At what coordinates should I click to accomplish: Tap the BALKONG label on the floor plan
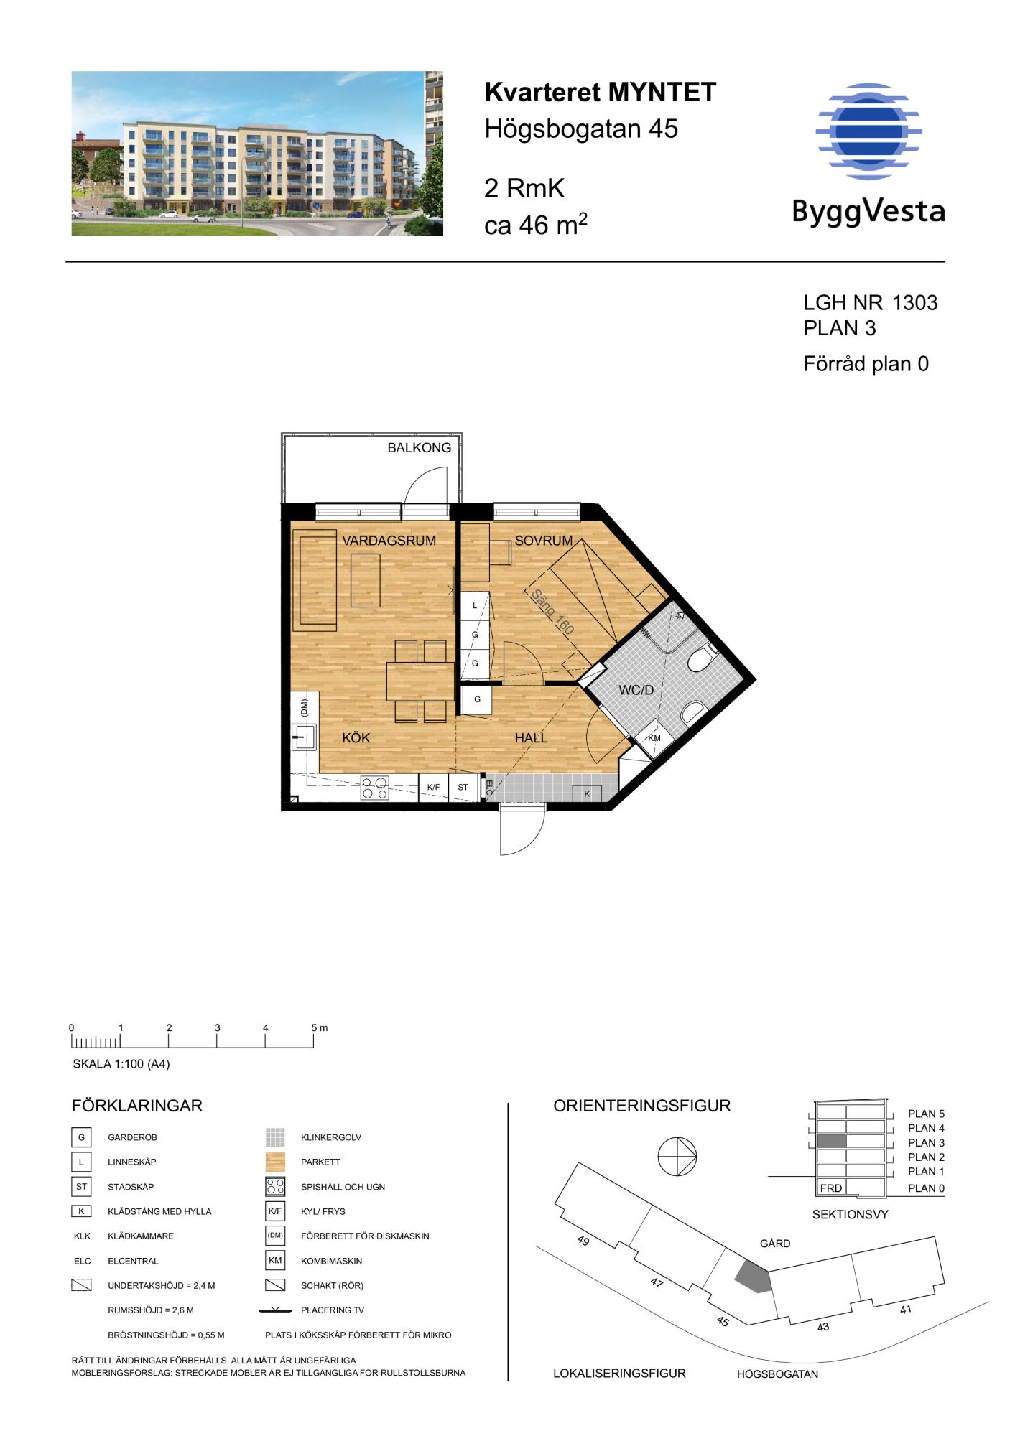[x=420, y=448]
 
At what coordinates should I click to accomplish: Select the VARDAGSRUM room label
[x=389, y=541]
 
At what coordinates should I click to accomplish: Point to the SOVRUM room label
[x=543, y=541]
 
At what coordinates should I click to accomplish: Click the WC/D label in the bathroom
[x=636, y=691]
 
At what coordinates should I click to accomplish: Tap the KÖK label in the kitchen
[x=356, y=738]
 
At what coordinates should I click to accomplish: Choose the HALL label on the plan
[x=531, y=738]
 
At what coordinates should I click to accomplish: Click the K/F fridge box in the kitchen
[x=433, y=788]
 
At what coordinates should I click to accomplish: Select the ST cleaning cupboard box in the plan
[x=463, y=788]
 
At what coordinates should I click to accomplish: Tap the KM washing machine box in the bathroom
[x=654, y=739]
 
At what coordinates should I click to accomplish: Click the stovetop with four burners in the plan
[x=374, y=788]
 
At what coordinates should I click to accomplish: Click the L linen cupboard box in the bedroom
[x=474, y=606]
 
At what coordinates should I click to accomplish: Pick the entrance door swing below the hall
[x=522, y=831]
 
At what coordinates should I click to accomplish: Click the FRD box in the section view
[x=831, y=1188]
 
